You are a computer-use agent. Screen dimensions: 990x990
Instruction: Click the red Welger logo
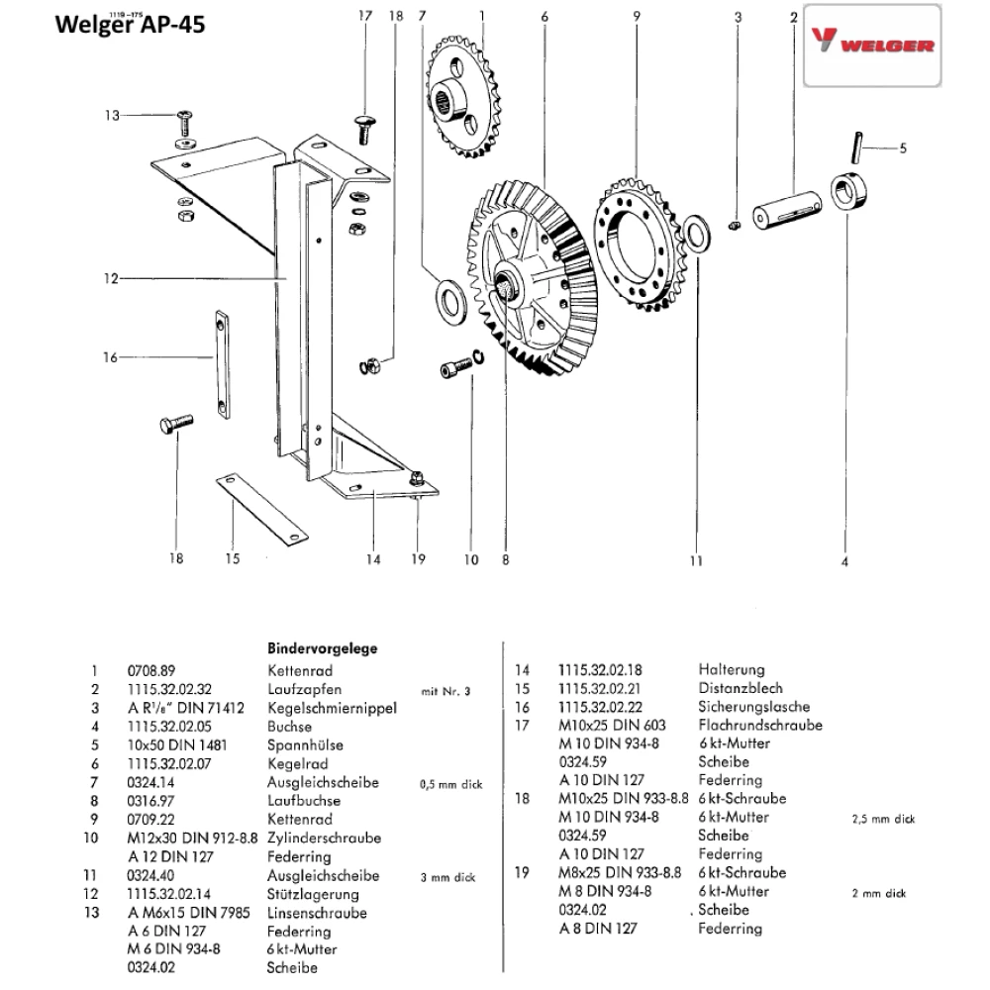(x=871, y=46)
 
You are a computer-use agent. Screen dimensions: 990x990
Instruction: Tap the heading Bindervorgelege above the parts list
(x=324, y=648)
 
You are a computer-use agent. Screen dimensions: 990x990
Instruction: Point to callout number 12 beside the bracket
(x=111, y=279)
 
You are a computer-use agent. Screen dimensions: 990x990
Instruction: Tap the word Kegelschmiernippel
(x=332, y=707)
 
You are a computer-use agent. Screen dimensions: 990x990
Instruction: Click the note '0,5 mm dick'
(x=450, y=784)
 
